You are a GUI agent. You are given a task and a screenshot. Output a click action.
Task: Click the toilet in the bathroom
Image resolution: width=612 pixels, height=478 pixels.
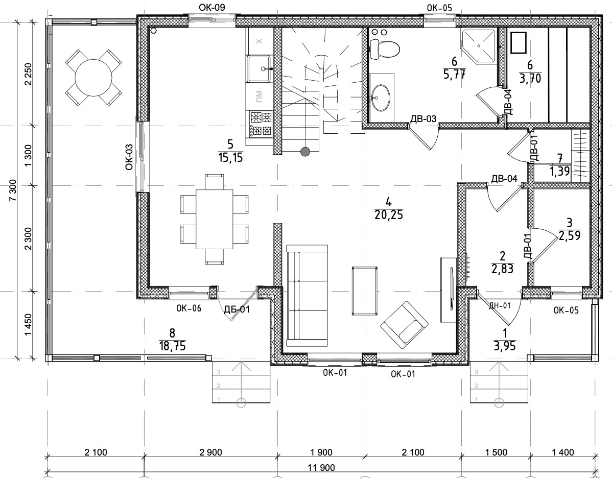pos(385,49)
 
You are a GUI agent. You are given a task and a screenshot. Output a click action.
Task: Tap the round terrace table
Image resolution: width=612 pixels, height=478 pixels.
pos(93,77)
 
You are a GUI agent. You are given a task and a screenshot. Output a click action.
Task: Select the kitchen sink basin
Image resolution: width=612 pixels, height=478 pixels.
pos(258,68)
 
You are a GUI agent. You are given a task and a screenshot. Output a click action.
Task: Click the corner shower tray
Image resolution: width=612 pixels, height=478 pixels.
pos(479,45)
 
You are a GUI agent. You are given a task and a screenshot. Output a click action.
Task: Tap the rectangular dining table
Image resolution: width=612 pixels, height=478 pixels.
pos(214,219)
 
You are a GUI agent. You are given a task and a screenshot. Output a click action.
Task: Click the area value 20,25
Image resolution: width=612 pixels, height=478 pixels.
pos(388,214)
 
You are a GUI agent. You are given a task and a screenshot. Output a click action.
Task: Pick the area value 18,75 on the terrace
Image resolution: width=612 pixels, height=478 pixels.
pos(172,346)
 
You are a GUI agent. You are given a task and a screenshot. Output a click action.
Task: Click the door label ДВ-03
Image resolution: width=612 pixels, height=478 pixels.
pos(423,119)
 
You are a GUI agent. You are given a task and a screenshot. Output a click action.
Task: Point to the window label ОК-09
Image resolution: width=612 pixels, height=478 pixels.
pos(212,8)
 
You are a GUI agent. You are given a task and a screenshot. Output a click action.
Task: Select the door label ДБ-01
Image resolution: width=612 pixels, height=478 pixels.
pos(237,310)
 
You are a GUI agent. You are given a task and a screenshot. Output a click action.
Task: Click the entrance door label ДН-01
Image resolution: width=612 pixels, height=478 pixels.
pos(500,305)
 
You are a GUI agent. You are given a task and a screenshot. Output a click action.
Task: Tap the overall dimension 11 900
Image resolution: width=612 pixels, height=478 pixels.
pos(322,467)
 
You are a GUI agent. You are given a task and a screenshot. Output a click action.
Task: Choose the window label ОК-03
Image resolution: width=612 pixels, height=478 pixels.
pos(129,157)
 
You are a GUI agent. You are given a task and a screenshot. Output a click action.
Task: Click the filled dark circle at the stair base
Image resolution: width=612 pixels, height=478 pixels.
pos(305,151)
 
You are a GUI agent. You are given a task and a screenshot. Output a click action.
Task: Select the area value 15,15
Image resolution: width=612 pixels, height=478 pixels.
pos(231,158)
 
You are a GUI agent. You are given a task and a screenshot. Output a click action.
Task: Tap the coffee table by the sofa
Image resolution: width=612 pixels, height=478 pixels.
pos(365,291)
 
